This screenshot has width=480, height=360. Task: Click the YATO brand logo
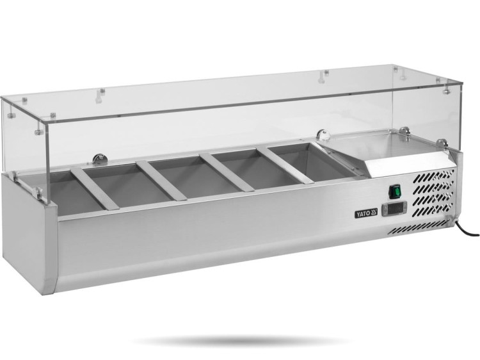[366, 213]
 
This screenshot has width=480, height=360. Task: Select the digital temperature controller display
[394, 209]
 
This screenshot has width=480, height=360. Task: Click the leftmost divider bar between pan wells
[93, 188]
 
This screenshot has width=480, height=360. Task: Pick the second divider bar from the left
[162, 181]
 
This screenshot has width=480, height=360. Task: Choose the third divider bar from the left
[227, 172]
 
